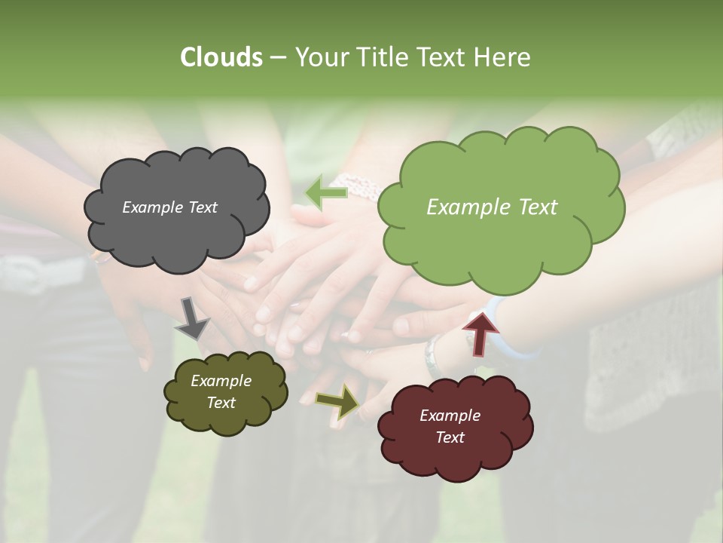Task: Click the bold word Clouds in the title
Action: [221, 57]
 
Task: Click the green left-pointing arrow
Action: [326, 193]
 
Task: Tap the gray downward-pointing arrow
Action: [192, 317]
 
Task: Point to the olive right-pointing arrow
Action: [338, 401]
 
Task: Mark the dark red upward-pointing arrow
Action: [481, 333]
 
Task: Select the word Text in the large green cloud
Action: [534, 207]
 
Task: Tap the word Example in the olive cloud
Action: [221, 381]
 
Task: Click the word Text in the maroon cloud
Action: [450, 437]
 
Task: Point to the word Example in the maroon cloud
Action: [450, 416]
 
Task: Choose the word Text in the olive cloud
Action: [221, 403]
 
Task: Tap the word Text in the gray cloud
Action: [203, 207]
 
